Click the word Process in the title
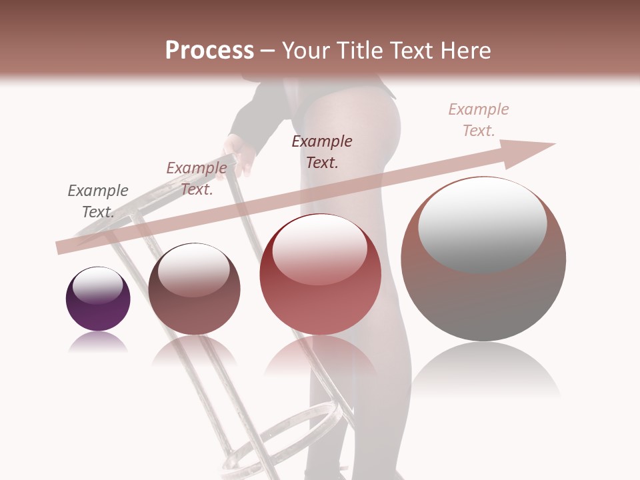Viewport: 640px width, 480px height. click(209, 51)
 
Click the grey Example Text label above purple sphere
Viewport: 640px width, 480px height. click(98, 201)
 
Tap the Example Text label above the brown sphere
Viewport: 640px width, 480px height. click(197, 178)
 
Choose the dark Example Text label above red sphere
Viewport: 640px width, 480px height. click(322, 151)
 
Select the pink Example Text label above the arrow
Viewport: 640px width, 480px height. click(479, 119)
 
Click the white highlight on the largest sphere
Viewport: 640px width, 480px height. click(483, 223)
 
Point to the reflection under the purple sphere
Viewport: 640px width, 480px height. click(98, 343)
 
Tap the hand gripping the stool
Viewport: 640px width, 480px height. click(239, 153)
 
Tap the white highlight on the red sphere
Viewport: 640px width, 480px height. click(320, 248)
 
